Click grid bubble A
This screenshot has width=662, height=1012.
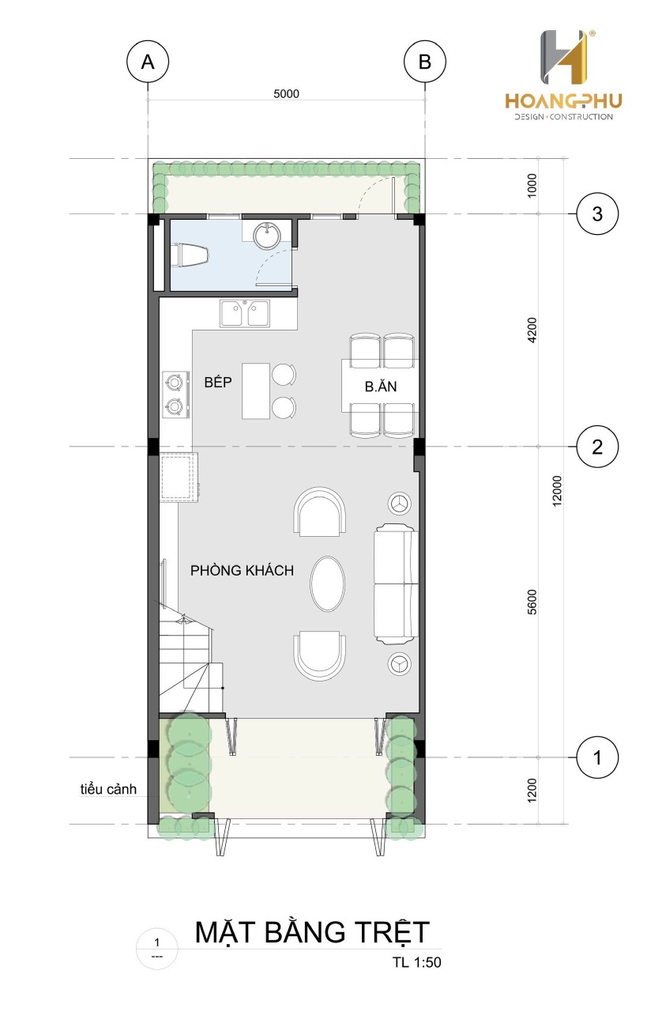148,62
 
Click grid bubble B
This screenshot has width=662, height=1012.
424,62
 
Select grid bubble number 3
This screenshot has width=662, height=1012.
597,213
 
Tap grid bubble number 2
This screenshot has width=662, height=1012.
597,447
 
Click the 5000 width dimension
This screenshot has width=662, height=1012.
286,93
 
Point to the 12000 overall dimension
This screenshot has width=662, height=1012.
557,490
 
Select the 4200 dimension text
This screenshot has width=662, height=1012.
532,330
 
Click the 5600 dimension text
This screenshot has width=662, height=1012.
532,602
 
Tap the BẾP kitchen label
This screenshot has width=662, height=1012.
218,382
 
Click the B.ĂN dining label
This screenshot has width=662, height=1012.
381,387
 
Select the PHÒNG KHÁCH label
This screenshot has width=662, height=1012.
242,570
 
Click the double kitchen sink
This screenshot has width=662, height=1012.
245,313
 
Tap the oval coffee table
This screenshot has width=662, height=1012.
327,583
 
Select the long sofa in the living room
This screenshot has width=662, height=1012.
396,583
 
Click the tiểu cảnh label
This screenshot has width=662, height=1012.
108,789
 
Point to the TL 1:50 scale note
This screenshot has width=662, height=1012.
416,962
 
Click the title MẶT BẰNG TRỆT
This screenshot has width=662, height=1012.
312,931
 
